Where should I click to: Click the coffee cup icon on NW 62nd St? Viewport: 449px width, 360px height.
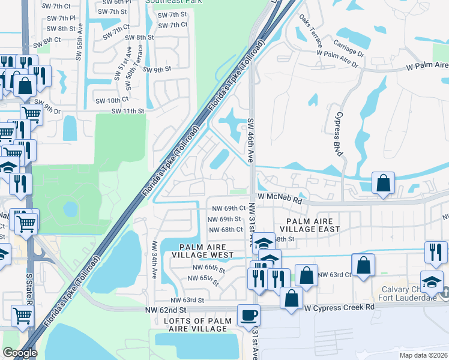coord(249,315)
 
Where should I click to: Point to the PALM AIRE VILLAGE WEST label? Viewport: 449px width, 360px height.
coord(203,251)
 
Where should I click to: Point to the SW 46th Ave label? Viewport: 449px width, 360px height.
coord(251,140)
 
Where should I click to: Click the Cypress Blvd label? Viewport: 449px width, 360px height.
coord(339,134)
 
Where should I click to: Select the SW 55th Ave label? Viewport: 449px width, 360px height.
coord(79,46)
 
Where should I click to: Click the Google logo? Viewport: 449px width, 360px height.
coord(20,353)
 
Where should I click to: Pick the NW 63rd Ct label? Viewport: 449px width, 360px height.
coord(334,274)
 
